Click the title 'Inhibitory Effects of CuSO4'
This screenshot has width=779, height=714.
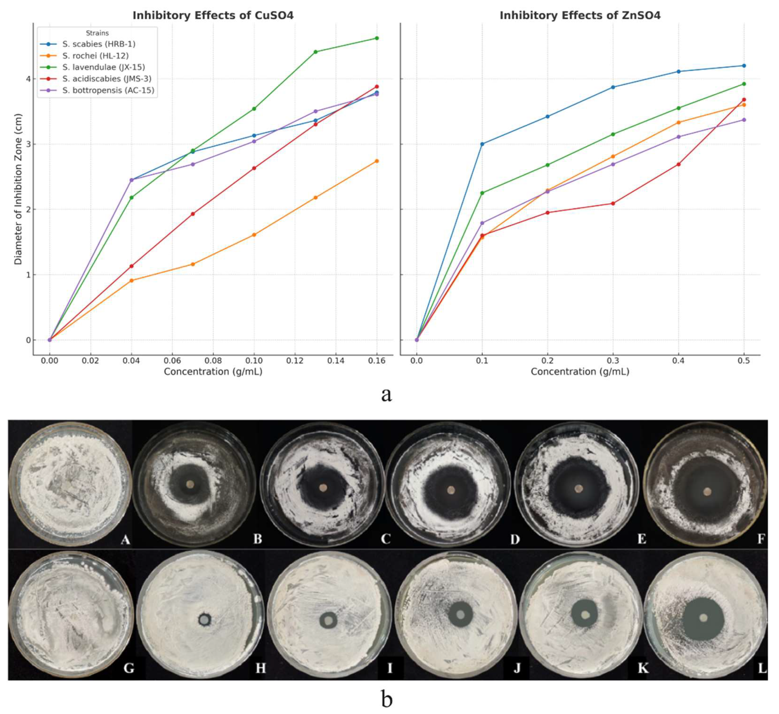click(213, 15)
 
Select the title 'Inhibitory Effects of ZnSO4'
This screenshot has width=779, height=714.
click(580, 15)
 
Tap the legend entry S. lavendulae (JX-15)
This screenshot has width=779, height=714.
click(104, 67)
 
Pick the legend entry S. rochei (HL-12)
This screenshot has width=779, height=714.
click(96, 56)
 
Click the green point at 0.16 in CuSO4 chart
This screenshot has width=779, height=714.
click(377, 38)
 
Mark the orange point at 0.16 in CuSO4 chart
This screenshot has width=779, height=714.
click(377, 161)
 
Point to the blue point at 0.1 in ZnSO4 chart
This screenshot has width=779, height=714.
click(482, 144)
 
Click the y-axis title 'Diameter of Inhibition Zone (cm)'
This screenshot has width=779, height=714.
click(18, 189)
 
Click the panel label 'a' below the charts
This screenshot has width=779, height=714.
click(386, 394)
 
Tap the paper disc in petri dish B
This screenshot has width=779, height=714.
click(190, 484)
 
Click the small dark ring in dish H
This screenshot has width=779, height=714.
click(204, 620)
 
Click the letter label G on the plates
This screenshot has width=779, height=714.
click(129, 668)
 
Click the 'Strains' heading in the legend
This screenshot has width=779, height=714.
click(97, 33)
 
